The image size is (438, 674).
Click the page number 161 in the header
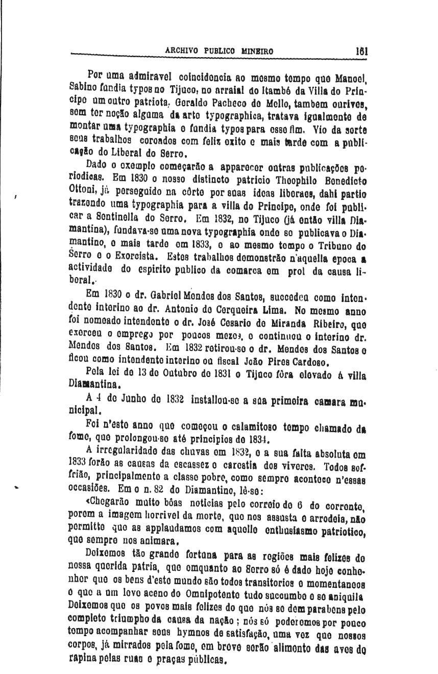point(362,51)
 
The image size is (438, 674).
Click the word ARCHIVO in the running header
point(182,52)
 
